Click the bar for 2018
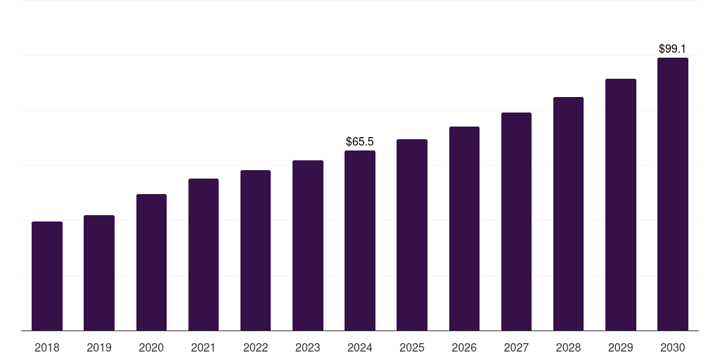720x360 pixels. pos(47,276)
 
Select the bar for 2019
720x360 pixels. pos(99,273)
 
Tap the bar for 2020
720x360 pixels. pos(151,262)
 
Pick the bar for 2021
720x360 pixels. pos(203,255)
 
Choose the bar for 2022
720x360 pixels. pos(255,250)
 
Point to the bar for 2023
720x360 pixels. pos(308,245)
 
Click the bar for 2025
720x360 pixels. pos(412,235)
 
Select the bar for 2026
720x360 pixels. pos(464,229)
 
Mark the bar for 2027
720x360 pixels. pos(516,221)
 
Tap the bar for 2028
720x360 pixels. pos(568,214)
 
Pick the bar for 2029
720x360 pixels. pos(620,205)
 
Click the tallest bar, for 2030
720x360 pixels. pos(673,194)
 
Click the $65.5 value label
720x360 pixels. pos(360,142)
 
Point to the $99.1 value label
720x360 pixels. pos(672,49)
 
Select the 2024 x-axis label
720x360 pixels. pos(360,348)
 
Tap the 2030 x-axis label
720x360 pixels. pos(673,348)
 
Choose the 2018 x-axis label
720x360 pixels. pos(47,348)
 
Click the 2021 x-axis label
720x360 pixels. pos(203,348)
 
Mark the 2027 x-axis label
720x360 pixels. pos(516,348)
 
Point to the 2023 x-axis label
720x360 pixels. pos(308,348)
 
